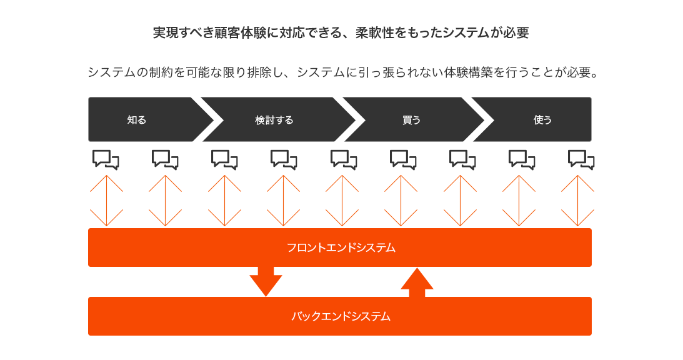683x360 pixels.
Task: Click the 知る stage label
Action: point(136,120)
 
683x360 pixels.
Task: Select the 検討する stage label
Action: point(274,120)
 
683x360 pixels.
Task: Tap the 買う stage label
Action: point(411,120)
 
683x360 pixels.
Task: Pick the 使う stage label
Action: point(542,120)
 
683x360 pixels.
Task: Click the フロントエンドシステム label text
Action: point(341,247)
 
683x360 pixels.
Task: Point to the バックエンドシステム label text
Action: point(341,316)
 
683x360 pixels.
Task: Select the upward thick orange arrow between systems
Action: point(417,282)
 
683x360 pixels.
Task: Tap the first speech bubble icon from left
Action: point(106,159)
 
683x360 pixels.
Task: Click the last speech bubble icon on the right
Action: point(581,159)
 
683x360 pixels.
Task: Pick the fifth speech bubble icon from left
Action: point(343,159)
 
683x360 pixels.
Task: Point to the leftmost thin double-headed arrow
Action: point(106,201)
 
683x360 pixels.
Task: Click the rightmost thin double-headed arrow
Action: point(578,201)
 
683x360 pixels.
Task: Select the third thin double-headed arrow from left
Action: point(224,201)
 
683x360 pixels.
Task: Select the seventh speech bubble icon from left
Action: point(462,159)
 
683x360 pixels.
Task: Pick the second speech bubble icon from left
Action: point(165,159)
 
